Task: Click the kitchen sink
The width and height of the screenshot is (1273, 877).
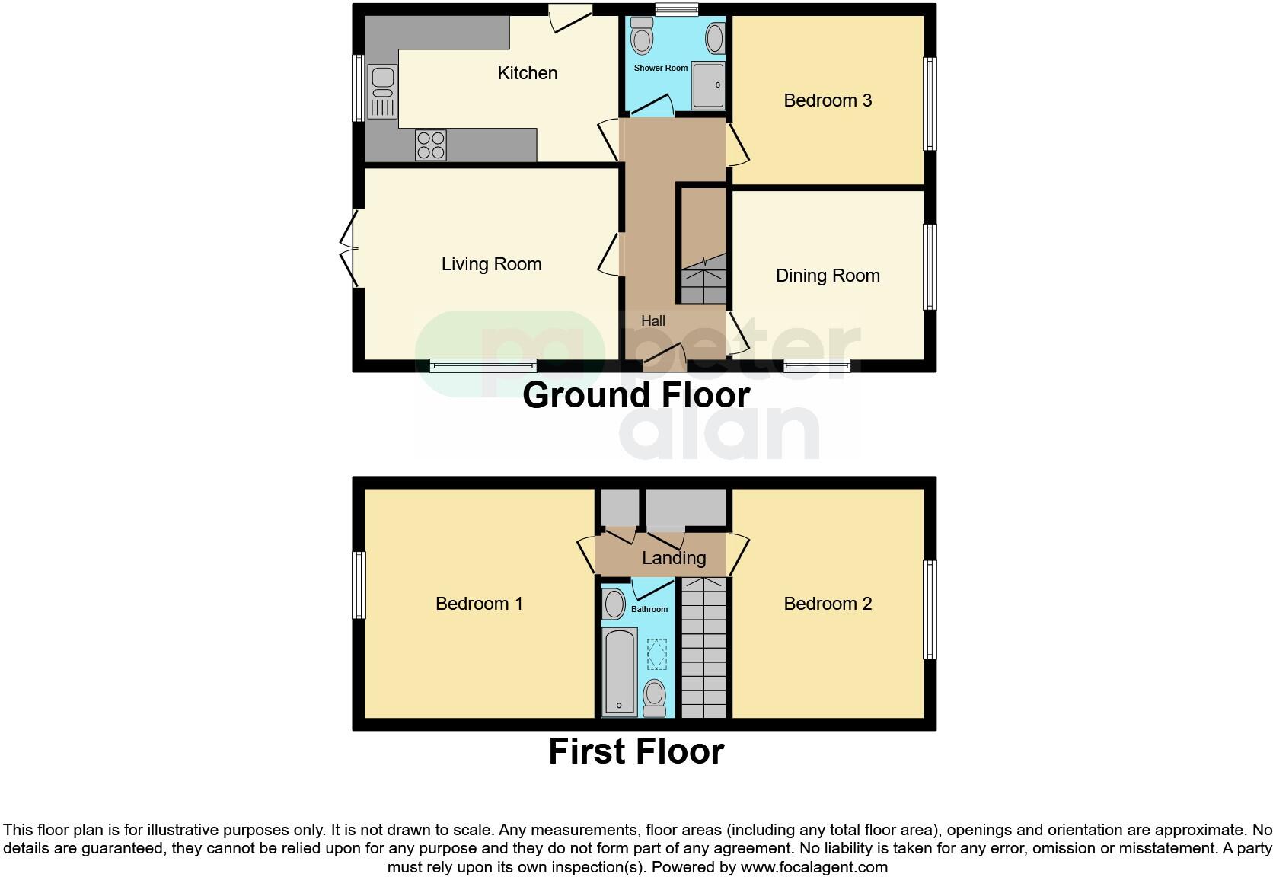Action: click(x=382, y=91)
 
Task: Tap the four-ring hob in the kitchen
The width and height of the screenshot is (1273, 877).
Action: click(x=431, y=145)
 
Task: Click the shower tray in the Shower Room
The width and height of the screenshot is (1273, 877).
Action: click(x=708, y=85)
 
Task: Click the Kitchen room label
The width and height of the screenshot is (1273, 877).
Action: click(x=527, y=73)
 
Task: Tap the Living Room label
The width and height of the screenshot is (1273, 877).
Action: click(x=491, y=264)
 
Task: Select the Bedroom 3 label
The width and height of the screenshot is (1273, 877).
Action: click(x=827, y=100)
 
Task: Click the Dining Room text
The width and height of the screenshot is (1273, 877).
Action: click(x=827, y=276)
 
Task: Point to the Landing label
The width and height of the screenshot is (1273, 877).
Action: click(x=673, y=558)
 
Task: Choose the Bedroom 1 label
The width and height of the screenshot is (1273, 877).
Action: click(x=479, y=604)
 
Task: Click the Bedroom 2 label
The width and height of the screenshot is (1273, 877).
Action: click(x=827, y=604)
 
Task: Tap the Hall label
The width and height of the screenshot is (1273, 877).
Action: click(x=652, y=321)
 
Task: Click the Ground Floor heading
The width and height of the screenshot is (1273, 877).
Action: click(x=636, y=395)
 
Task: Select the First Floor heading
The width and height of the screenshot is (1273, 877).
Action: click(x=636, y=751)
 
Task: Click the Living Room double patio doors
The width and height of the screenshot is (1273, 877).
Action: click(x=349, y=249)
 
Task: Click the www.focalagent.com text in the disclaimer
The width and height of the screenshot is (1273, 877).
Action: click(x=813, y=867)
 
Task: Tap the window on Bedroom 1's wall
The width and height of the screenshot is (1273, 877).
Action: click(x=359, y=585)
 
